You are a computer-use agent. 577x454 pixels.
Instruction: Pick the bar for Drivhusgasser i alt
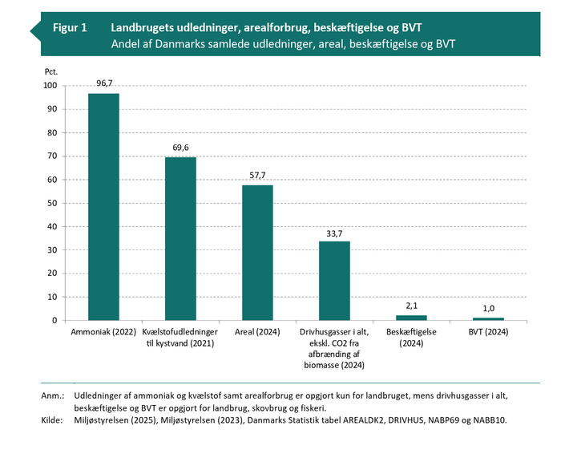[x=334, y=281]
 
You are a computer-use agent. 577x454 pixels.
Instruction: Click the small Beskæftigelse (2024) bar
[x=411, y=318]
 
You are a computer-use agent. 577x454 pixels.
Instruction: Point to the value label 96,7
[x=103, y=83]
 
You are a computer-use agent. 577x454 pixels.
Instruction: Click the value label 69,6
[x=180, y=148]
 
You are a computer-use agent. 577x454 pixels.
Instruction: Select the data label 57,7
[x=257, y=176]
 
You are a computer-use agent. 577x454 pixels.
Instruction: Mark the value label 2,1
[x=411, y=306]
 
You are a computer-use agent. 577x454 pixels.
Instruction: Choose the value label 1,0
[x=488, y=309]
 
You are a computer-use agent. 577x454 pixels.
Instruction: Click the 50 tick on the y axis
[x=52, y=203]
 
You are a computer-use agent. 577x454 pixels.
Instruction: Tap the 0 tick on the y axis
[x=54, y=321]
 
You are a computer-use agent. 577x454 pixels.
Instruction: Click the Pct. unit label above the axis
[x=51, y=72]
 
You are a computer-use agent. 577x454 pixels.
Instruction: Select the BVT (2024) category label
[x=488, y=331]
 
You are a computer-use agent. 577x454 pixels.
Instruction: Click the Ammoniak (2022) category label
[x=103, y=331]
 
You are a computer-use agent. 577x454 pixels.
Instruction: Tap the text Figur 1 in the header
[x=70, y=27]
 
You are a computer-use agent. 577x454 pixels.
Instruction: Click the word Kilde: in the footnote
[x=52, y=420]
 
